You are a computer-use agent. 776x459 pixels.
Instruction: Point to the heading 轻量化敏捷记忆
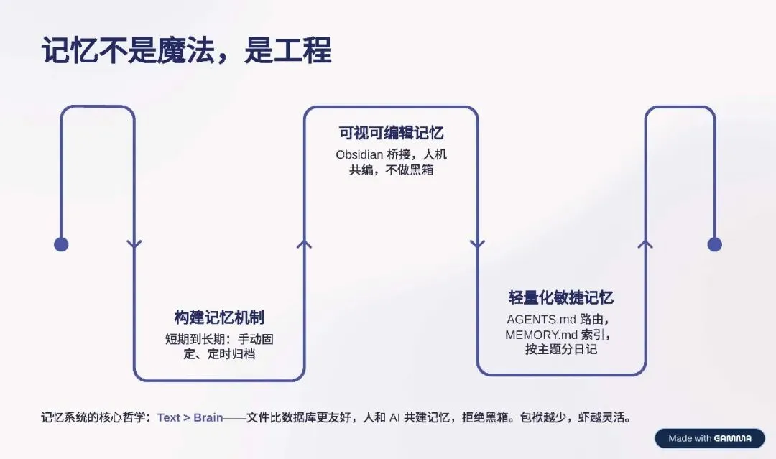(x=560, y=298)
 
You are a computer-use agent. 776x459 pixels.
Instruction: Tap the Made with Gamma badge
(x=709, y=438)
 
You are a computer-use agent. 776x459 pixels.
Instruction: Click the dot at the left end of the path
(x=61, y=244)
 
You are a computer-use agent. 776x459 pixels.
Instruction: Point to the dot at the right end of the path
(x=714, y=244)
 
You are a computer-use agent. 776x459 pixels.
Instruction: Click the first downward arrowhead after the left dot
(x=134, y=244)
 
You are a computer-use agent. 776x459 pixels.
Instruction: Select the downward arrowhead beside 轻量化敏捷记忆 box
(x=478, y=244)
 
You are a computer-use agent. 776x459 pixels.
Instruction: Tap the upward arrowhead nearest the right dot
(x=645, y=244)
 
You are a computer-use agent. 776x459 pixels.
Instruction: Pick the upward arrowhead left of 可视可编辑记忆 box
(x=305, y=244)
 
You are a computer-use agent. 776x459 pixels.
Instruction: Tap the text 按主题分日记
(x=561, y=350)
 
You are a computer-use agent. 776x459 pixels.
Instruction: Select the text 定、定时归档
(x=219, y=354)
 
